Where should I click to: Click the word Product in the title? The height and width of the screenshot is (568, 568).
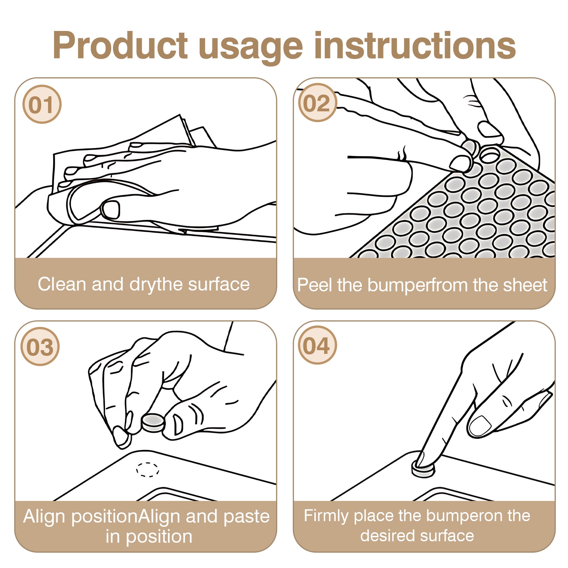120,46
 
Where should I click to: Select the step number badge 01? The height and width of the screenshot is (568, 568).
42,104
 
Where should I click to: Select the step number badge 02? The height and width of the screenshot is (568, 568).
318,103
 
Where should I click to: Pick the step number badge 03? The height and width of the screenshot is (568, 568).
40,346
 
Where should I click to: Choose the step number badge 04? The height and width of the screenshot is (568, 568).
318,345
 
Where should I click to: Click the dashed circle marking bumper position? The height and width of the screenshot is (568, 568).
148,470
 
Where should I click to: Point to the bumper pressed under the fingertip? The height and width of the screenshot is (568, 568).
423,469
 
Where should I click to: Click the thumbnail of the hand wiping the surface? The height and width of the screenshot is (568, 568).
111,209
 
